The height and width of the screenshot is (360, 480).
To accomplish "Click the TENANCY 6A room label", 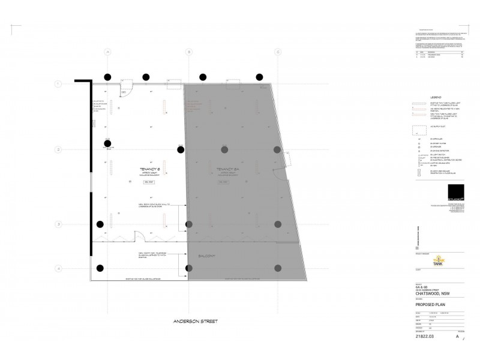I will [221, 170].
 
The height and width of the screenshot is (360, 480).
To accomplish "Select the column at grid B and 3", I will [190, 224].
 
